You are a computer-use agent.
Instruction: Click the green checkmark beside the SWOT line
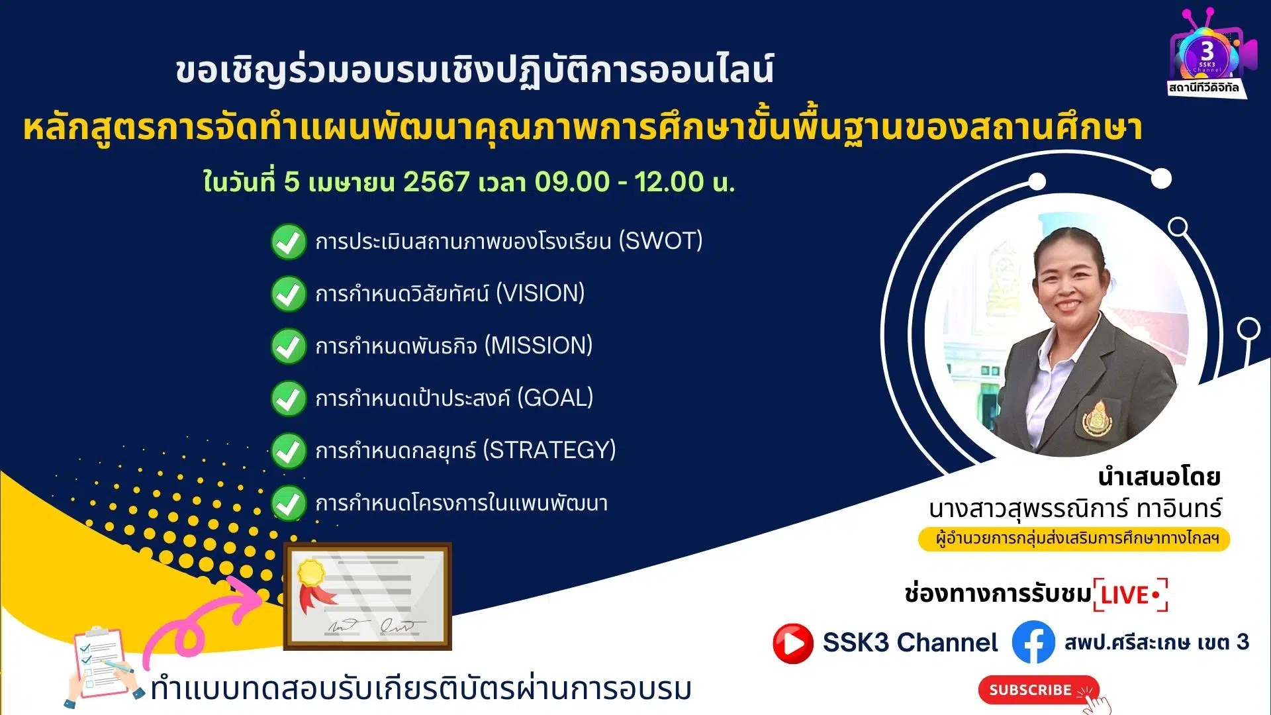pos(289,242)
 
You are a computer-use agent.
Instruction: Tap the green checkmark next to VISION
pos(289,294)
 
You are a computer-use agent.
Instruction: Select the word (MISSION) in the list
pos(538,346)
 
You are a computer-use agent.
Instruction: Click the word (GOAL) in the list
pos(555,398)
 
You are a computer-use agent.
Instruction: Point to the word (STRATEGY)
pos(549,450)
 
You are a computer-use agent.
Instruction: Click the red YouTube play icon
pos(792,643)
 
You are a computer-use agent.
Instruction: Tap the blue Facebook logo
pos(1033,642)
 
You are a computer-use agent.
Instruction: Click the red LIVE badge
pos(1131,595)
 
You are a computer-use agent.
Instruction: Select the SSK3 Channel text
pos(910,642)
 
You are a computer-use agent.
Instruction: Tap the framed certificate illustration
pos(367,596)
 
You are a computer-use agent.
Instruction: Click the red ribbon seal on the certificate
pos(314,584)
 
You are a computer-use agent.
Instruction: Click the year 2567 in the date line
pos(436,181)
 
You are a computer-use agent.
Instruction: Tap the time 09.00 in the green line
pos(572,181)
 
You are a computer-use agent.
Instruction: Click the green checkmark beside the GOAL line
pos(289,399)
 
